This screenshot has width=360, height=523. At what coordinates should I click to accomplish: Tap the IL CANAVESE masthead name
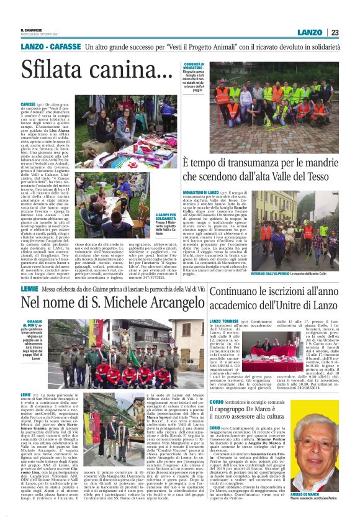point(32,29)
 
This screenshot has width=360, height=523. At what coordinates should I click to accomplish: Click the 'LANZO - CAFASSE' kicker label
point(50,48)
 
